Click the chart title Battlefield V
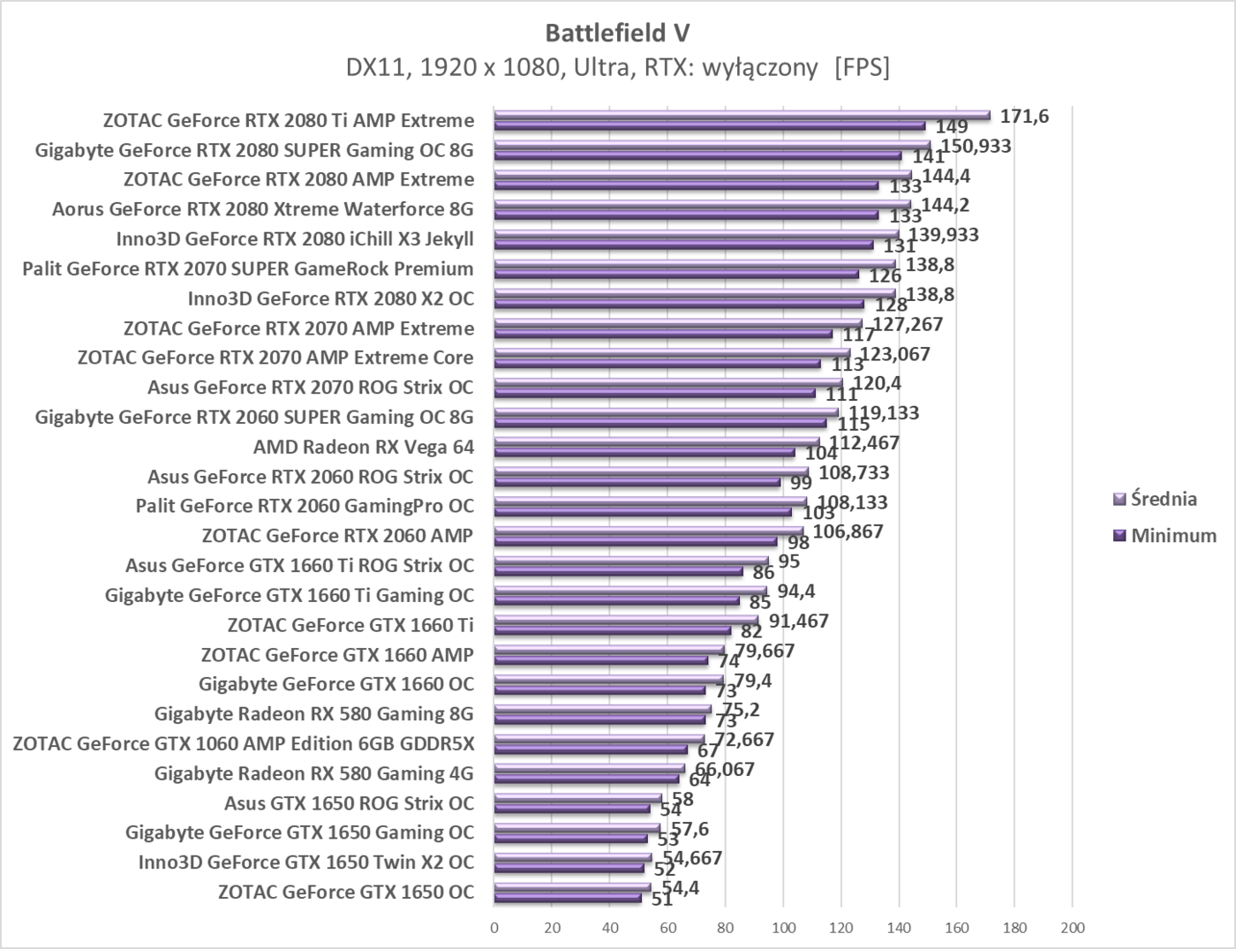pos(617,33)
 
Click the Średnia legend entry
pos(1163,499)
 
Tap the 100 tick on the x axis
pos(783,928)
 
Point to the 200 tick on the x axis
pos(1072,928)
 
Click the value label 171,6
pos(1024,116)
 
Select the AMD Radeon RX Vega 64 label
pos(364,447)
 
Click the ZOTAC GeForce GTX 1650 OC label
pos(346,892)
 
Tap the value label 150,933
pos(976,146)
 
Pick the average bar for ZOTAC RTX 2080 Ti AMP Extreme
pos(742,115)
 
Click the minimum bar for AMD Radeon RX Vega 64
pos(644,452)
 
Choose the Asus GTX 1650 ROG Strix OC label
pos(349,802)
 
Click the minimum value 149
pos(952,127)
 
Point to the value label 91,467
pos(798,621)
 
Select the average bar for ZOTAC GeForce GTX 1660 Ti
pos(626,621)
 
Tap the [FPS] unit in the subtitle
pos(862,67)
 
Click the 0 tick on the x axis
pos(494,928)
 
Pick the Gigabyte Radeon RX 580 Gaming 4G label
pos(313,773)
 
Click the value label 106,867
pos(848,531)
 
